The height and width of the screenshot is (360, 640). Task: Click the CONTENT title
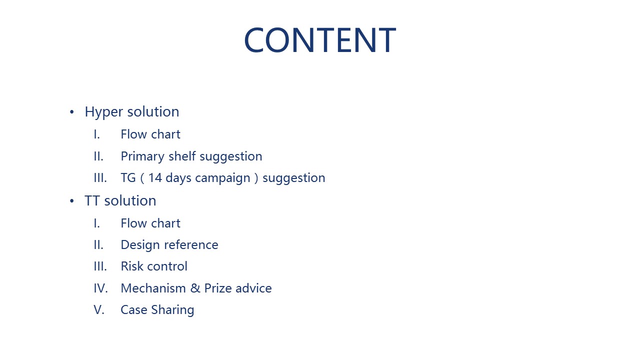pyautogui.click(x=320, y=39)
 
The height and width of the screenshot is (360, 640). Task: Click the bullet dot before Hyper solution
pyautogui.click(x=71, y=112)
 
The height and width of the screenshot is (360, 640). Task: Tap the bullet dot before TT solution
pyautogui.click(x=71, y=201)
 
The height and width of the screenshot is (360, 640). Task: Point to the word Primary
pyautogui.click(x=142, y=157)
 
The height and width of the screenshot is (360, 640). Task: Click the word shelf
pyautogui.click(x=182, y=156)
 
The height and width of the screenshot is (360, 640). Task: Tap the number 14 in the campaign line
pyautogui.click(x=155, y=178)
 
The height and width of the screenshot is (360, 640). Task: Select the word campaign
pyautogui.click(x=222, y=178)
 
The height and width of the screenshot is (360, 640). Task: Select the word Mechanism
pyautogui.click(x=153, y=288)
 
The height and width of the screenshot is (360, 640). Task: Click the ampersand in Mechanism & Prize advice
pyautogui.click(x=195, y=288)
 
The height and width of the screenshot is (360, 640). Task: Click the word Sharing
pyautogui.click(x=172, y=310)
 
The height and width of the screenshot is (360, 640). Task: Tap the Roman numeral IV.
pyautogui.click(x=101, y=288)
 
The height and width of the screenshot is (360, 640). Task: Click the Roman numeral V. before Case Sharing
pyautogui.click(x=99, y=310)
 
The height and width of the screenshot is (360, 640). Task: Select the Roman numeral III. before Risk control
pyautogui.click(x=100, y=266)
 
